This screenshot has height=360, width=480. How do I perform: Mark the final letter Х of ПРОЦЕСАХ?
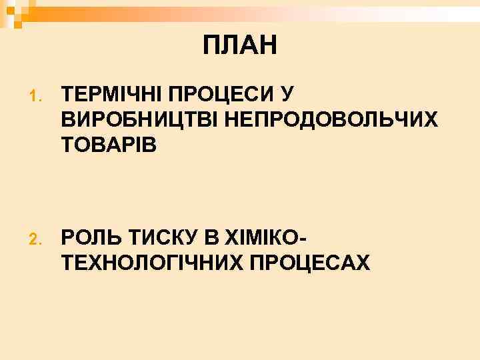point(363,262)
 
